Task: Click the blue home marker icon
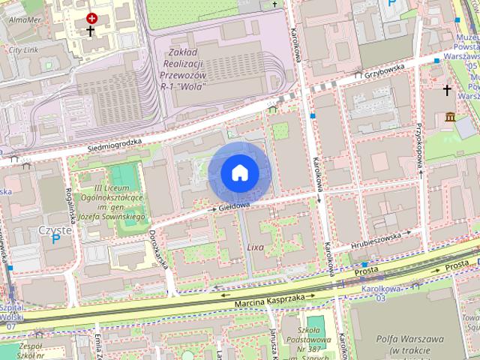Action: point(239,172)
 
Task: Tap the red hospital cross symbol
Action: point(91,17)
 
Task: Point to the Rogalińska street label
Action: point(68,211)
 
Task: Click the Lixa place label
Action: point(255,247)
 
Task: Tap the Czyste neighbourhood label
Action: point(54,230)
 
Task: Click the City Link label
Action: point(23,49)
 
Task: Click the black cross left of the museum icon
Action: point(448,91)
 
